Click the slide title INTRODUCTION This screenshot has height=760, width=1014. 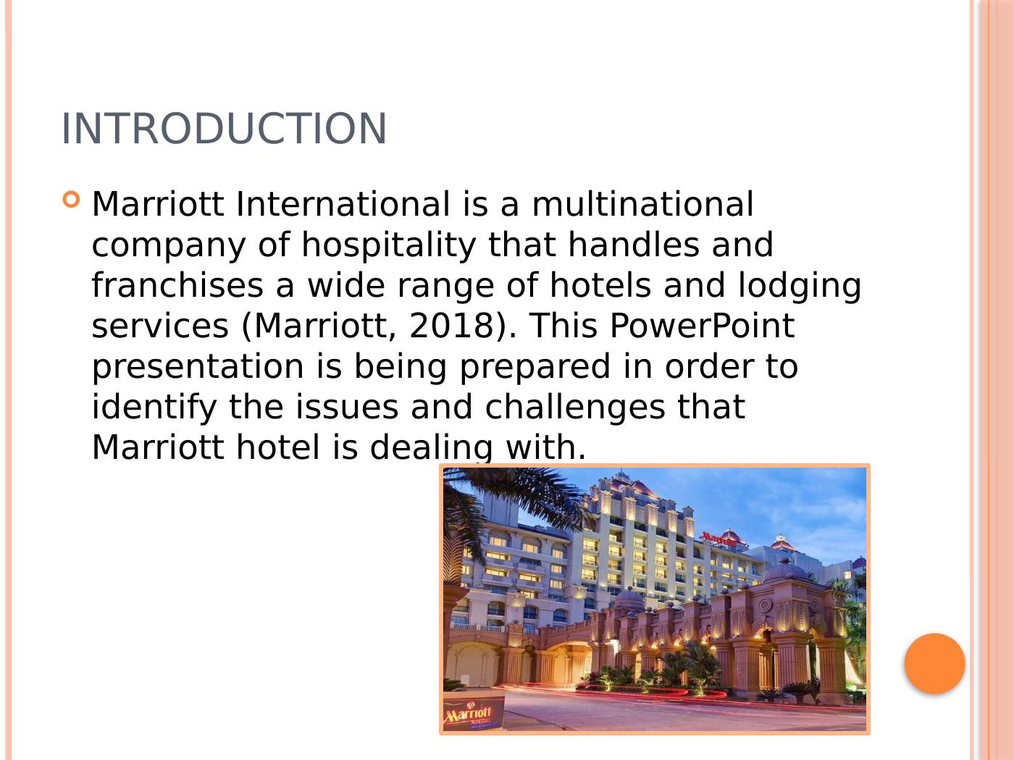[x=224, y=129]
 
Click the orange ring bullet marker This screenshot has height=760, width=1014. [x=71, y=199]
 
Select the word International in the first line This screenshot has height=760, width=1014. [x=343, y=205]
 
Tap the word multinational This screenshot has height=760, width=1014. [x=642, y=205]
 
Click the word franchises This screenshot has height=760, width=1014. [x=177, y=286]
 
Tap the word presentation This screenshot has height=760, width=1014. [x=198, y=367]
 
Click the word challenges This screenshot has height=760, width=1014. [x=574, y=408]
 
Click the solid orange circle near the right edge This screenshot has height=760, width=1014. [x=934, y=664]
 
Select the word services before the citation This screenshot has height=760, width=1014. [x=160, y=326]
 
